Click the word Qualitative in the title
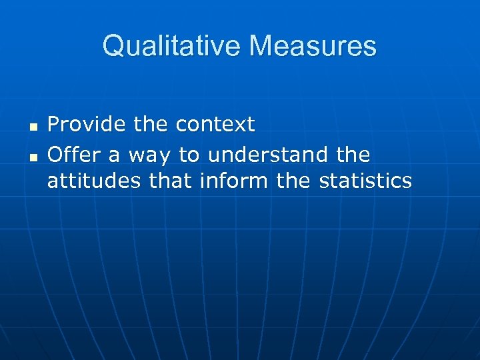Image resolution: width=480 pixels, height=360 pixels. [x=172, y=47]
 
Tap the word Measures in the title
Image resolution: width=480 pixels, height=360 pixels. [x=313, y=47]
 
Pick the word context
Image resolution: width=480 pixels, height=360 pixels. [x=215, y=125]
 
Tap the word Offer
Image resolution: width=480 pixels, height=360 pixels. [x=73, y=155]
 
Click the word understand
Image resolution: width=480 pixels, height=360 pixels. [x=268, y=155]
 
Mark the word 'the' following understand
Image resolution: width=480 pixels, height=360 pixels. [x=353, y=155]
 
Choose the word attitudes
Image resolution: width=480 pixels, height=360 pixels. [x=94, y=181]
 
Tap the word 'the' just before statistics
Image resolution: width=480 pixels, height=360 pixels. [x=293, y=181]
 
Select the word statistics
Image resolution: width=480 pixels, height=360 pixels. [x=365, y=181]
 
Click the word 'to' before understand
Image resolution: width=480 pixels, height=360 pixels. [x=189, y=155]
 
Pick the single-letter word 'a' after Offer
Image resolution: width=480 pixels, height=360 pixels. [x=114, y=156]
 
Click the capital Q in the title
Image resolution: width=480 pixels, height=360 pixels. [x=113, y=47]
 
